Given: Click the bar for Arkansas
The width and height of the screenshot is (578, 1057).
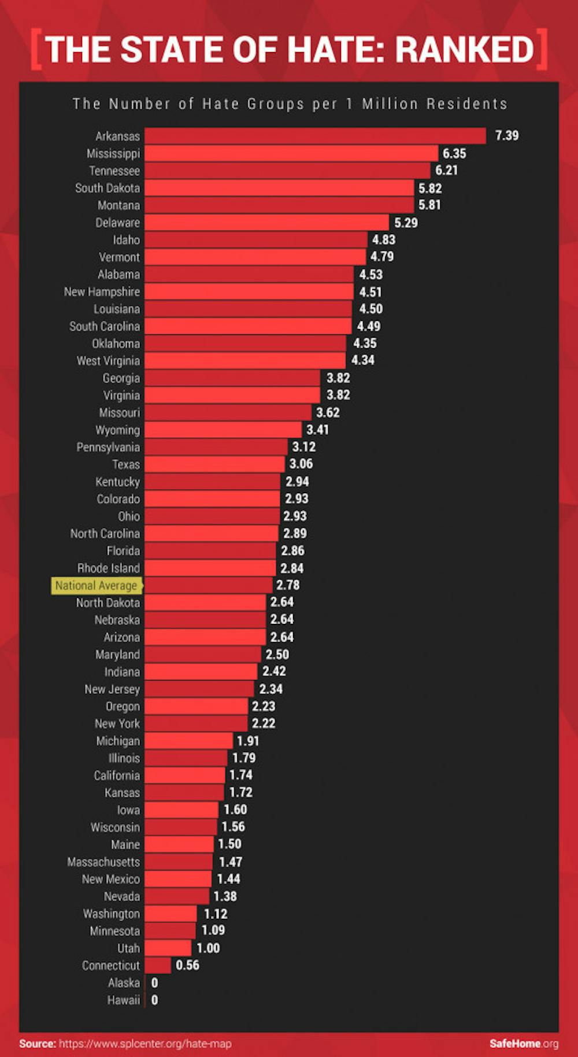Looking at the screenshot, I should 315,136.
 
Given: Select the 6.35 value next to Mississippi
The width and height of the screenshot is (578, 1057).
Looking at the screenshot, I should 454,153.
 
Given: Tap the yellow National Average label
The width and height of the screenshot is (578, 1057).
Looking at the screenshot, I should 96,585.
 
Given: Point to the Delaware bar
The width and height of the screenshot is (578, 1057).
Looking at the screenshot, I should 266,223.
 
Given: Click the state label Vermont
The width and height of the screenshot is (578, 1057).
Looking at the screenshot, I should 119,257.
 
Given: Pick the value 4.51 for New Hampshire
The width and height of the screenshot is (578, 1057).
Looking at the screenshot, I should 370,292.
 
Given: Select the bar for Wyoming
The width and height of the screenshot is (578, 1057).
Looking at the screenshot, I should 223,430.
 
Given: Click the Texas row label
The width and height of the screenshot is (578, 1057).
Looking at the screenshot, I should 126,464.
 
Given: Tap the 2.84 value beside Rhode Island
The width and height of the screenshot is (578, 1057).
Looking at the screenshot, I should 292,568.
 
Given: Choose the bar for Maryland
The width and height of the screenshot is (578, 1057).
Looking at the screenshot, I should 202,655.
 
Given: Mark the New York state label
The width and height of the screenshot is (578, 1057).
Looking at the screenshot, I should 117,723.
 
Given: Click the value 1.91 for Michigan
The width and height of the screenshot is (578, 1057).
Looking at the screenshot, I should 248,741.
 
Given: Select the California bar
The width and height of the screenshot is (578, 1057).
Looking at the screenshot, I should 185,775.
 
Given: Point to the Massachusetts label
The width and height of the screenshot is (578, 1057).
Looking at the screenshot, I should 103,862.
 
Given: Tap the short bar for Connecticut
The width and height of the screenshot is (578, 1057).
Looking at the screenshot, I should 158,965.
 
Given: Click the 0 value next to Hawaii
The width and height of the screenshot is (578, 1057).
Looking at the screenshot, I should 154,1000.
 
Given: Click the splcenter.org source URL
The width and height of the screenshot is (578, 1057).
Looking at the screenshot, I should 145,1044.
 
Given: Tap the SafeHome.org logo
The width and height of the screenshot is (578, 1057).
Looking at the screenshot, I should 524,1044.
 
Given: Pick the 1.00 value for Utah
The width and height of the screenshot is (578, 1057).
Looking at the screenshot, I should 208,948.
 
